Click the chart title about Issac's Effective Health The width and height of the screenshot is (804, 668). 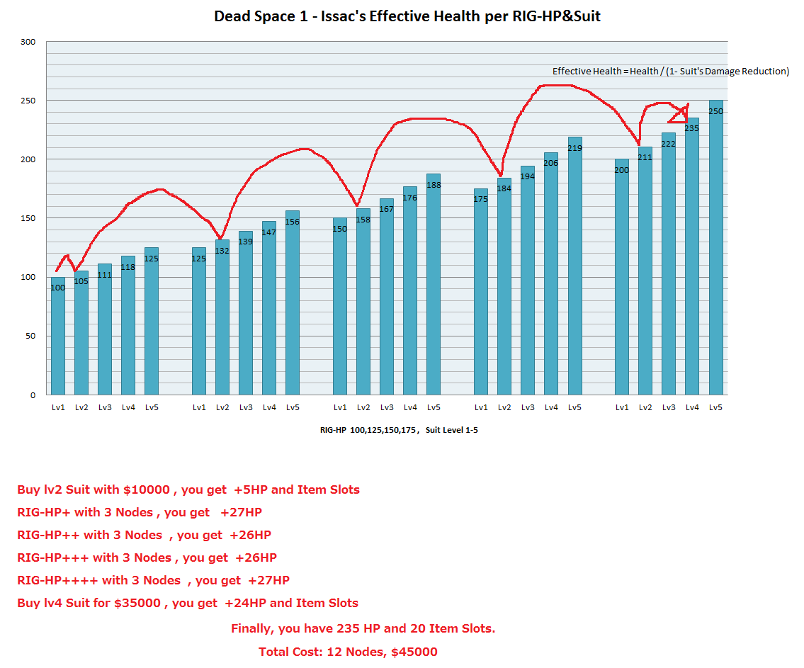(407, 16)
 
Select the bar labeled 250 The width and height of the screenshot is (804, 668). (715, 248)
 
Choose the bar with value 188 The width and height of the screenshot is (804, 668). (434, 283)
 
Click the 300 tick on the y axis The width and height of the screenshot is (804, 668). (28, 42)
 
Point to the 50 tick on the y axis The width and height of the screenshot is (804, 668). (30, 336)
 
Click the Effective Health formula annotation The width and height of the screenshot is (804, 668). (670, 72)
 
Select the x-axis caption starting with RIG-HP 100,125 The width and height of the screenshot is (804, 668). (398, 430)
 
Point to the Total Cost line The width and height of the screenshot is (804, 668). (348, 652)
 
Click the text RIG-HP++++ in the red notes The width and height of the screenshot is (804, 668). (57, 580)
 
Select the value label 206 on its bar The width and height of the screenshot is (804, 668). (550, 163)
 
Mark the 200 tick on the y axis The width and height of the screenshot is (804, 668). (28, 159)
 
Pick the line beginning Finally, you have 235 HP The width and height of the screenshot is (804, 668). (363, 628)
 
